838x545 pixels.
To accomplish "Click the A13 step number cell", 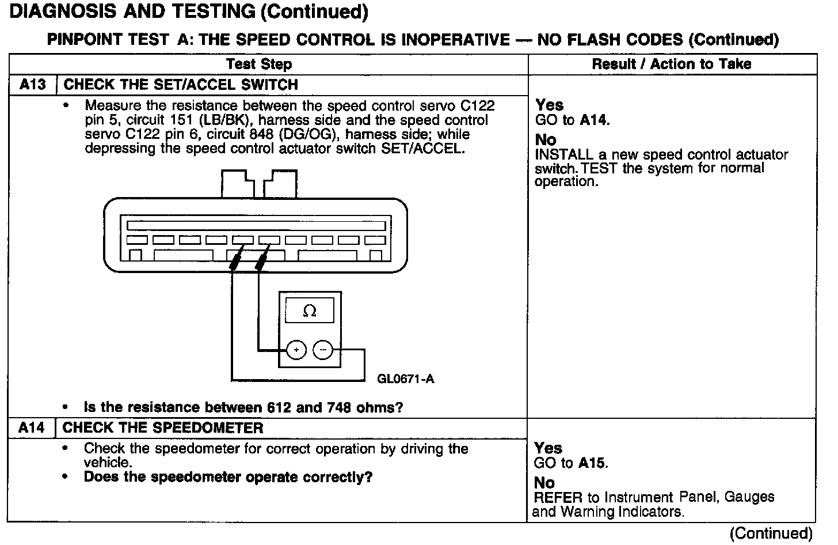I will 32,85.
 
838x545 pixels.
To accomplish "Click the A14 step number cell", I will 32,428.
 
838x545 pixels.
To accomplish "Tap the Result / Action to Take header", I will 671,64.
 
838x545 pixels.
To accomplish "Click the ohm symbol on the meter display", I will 310,312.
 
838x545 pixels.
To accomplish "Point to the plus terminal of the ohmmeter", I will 296,350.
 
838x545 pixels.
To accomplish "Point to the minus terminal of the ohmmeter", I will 323,350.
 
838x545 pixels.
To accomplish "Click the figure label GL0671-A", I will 405,379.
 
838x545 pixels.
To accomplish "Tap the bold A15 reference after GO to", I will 592,463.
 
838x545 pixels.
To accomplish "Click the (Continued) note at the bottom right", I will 771,533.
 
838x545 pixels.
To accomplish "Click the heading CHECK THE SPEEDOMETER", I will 163,428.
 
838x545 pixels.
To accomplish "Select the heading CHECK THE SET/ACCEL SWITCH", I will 181,85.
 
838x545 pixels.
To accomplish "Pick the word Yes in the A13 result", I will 549,105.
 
